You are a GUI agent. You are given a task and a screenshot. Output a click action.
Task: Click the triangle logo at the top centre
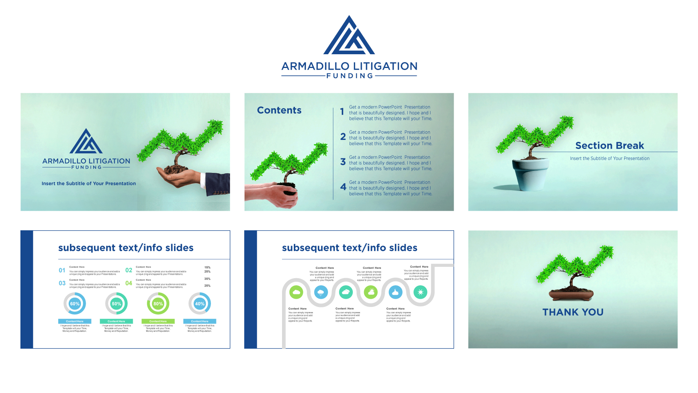[x=349, y=36]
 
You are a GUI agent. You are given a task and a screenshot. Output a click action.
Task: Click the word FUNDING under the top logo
[x=350, y=76]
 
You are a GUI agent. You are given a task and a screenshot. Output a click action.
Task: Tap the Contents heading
[x=279, y=110]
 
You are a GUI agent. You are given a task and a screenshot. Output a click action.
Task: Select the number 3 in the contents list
[x=343, y=162]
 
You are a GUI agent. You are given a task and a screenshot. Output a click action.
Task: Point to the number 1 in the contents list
[x=342, y=112]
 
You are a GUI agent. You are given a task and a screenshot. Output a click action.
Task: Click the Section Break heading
[x=610, y=146]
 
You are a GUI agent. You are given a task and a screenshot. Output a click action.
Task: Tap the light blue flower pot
[x=530, y=175]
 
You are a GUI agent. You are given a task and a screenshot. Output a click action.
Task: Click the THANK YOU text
[x=573, y=312]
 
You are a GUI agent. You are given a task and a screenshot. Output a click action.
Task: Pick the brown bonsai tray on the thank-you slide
[x=571, y=294]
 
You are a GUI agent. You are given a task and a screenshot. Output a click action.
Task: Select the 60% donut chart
[x=75, y=304]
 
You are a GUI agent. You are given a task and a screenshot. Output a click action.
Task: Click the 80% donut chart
[x=158, y=304]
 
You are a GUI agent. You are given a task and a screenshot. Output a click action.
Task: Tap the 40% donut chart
[x=200, y=304]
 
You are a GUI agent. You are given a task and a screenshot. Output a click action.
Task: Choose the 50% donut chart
[x=116, y=304]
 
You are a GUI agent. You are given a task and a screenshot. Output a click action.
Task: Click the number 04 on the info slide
[x=128, y=283]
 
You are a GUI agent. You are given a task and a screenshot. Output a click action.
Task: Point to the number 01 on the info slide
[x=62, y=270]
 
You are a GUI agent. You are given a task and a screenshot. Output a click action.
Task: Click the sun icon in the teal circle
[x=420, y=292]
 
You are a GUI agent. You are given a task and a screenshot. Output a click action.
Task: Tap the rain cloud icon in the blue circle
[x=321, y=292]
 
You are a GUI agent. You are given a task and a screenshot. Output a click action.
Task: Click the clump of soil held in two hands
[x=287, y=187]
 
